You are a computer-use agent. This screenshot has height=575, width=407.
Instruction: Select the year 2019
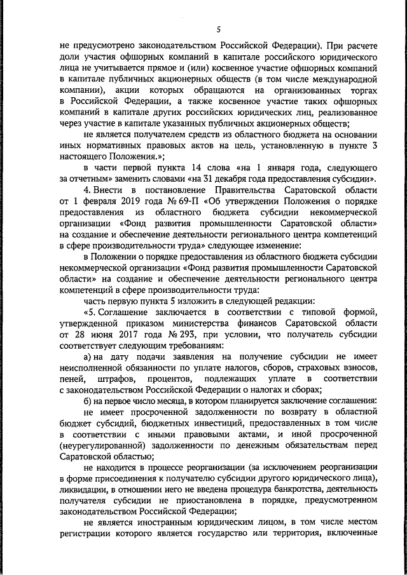[101, 201]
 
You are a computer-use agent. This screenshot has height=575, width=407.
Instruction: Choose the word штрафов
[116, 379]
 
